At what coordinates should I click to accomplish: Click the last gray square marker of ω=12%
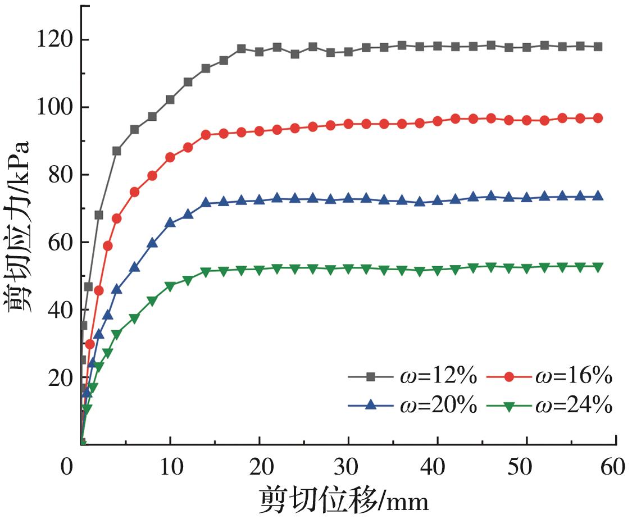598,47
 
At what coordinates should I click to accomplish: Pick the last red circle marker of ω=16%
598,118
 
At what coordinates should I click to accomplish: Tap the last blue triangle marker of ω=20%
598,196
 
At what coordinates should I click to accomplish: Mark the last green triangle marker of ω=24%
598,267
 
